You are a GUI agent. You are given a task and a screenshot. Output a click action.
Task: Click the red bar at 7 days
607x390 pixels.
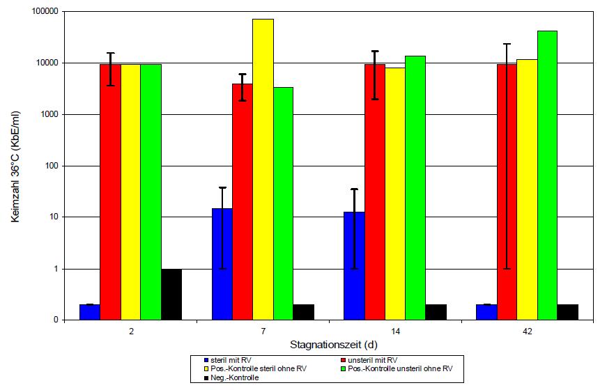[243, 202]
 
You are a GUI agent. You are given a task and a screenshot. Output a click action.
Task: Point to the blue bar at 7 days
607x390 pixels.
[222, 264]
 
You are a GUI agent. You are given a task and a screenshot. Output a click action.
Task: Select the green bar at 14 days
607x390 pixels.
[415, 188]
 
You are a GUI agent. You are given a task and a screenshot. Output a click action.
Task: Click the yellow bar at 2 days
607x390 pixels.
[131, 192]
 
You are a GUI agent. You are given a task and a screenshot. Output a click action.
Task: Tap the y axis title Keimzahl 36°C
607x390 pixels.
[15, 166]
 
